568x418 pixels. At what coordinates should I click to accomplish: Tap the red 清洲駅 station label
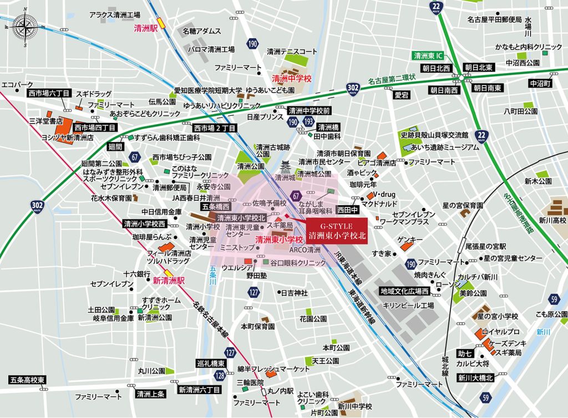[x=146, y=27]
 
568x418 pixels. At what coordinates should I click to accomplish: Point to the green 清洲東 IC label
[x=428, y=56]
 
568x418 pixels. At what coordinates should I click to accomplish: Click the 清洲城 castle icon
[x=286, y=166]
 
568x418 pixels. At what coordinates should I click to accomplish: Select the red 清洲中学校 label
[x=291, y=80]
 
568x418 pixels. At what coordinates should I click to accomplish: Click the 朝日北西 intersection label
[x=435, y=68]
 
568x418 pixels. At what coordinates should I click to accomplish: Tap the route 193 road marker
[x=308, y=122]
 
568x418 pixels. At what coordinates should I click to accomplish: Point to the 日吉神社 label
[x=294, y=292]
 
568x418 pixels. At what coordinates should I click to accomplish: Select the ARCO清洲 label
[x=305, y=250]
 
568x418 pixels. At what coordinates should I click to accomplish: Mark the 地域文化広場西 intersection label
[x=404, y=291]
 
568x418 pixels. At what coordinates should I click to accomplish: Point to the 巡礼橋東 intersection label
[x=211, y=364]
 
